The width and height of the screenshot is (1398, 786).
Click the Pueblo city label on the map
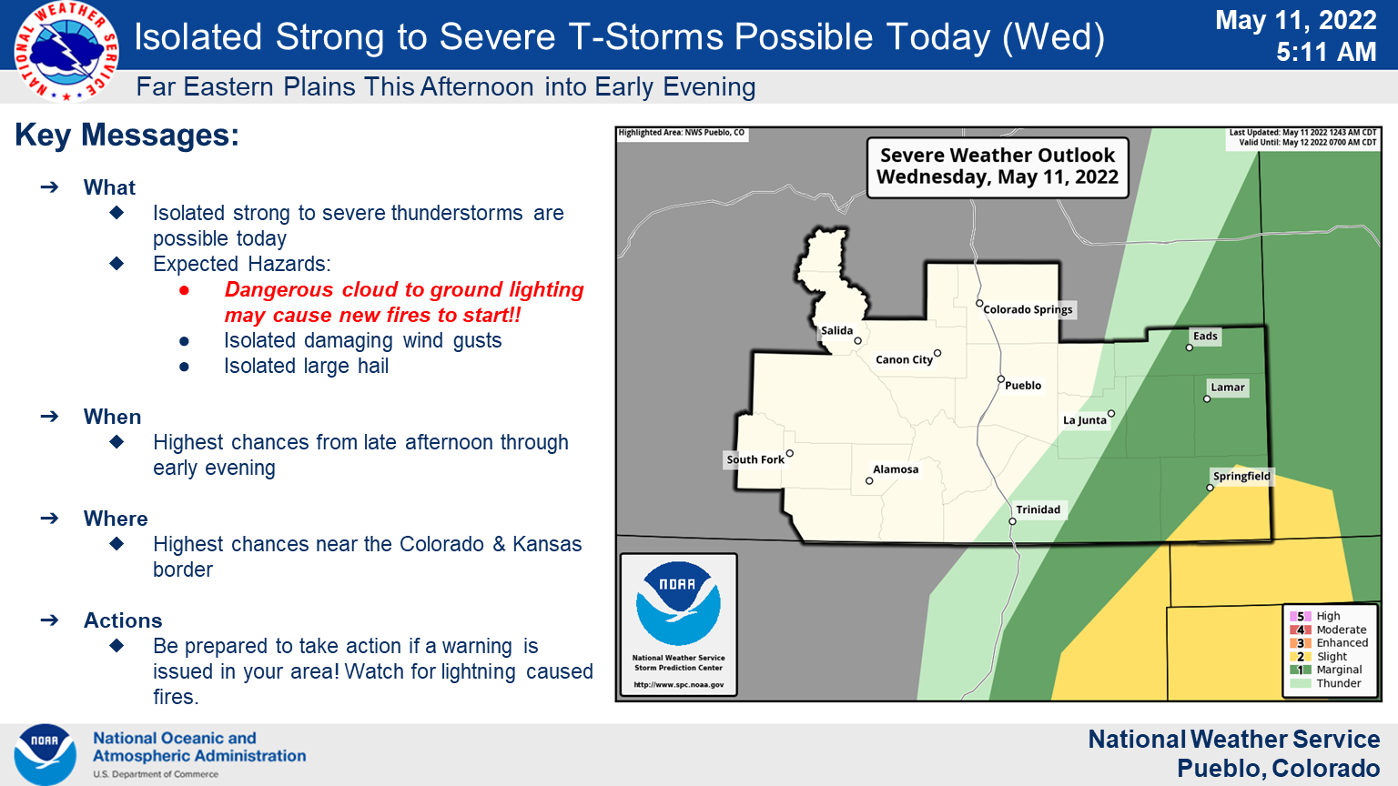pyautogui.click(x=1023, y=386)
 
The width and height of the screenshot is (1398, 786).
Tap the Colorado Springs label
pyautogui.click(x=1028, y=309)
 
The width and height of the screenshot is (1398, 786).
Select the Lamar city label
pyautogui.click(x=1228, y=388)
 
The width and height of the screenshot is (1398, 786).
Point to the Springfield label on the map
pyautogui.click(x=1241, y=477)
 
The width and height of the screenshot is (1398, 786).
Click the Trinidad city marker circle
pyautogui.click(x=1012, y=521)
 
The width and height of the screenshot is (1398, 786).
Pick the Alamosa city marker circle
pyautogui.click(x=869, y=481)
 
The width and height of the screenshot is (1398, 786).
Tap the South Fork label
pyautogui.click(x=755, y=459)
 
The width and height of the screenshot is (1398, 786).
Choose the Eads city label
pyautogui.click(x=1205, y=337)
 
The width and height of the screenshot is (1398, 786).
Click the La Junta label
pyautogui.click(x=1085, y=420)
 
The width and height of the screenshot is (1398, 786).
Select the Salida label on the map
pyautogui.click(x=836, y=330)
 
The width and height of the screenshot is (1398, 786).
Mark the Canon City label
pyautogui.click(x=904, y=360)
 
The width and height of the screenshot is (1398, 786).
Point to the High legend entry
pyautogui.click(x=1314, y=616)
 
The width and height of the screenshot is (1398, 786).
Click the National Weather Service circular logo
pyautogui.click(x=66, y=51)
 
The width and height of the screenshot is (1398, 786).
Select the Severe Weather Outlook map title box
pyautogui.click(x=998, y=167)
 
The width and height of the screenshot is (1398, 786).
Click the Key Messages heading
pyautogui.click(x=127, y=135)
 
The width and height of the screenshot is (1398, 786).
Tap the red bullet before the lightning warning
pyautogui.click(x=184, y=291)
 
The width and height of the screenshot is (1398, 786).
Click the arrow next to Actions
pyautogui.click(x=49, y=620)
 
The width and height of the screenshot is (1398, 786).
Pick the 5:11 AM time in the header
pyautogui.click(x=1326, y=52)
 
